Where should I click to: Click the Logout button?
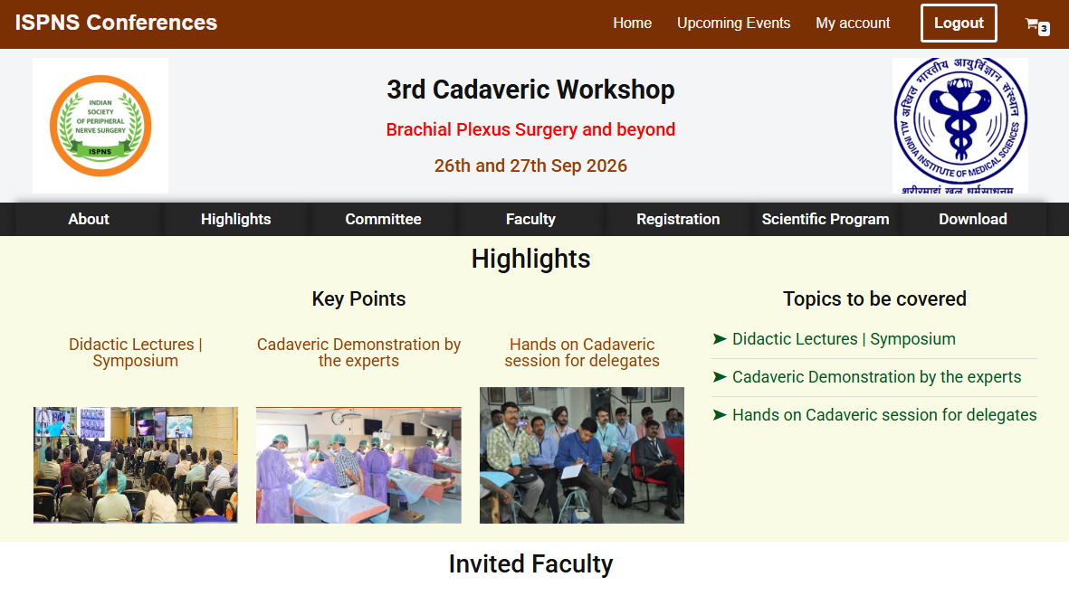pyautogui.click(x=959, y=24)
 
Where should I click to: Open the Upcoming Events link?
pyautogui.click(x=733, y=24)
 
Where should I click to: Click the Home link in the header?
pyautogui.click(x=632, y=24)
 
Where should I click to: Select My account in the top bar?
pyautogui.click(x=853, y=24)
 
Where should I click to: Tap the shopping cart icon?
pyautogui.click(x=1036, y=26)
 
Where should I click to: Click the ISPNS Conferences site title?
pyautogui.click(x=116, y=23)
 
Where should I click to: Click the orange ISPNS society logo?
pyautogui.click(x=100, y=126)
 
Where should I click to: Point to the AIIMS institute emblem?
pyautogui.click(x=959, y=126)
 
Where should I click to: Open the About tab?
pyautogui.click(x=89, y=220)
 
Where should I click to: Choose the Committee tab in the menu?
pyautogui.click(x=383, y=220)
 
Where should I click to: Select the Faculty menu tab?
pyautogui.click(x=530, y=220)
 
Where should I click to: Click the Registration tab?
pyautogui.click(x=678, y=220)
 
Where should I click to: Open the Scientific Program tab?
pyautogui.click(x=826, y=220)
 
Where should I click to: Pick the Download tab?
pyautogui.click(x=973, y=220)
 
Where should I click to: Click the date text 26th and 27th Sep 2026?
pyautogui.click(x=530, y=166)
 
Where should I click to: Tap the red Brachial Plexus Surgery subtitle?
pyautogui.click(x=530, y=129)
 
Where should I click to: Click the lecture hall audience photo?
pyautogui.click(x=136, y=465)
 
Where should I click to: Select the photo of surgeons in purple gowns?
pyautogui.click(x=358, y=465)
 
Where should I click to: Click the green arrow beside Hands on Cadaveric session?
pyautogui.click(x=720, y=415)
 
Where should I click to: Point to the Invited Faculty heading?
pyautogui.click(x=530, y=564)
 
